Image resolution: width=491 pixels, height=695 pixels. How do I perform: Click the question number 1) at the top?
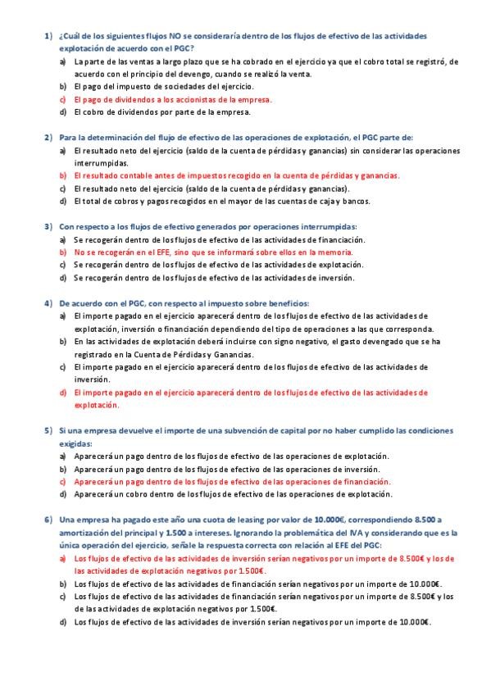tap(48, 37)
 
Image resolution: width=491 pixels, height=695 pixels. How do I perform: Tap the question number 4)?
tap(48, 302)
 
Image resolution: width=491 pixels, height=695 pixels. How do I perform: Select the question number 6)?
tap(48, 520)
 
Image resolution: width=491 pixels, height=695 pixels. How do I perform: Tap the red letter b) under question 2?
tap(63, 175)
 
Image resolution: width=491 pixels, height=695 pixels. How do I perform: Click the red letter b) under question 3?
tap(63, 253)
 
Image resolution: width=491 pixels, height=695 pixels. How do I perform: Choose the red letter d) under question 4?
tap(63, 393)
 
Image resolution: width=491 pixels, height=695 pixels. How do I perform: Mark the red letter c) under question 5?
tap(63, 482)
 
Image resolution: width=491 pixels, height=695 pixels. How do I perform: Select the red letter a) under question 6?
tap(63, 558)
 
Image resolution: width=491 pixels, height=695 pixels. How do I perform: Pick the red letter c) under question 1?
tap(63, 98)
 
